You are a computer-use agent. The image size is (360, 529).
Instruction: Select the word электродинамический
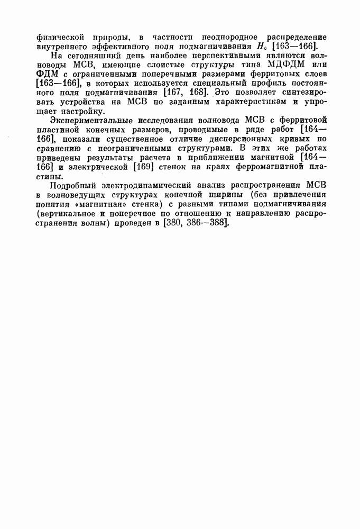click(146, 186)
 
